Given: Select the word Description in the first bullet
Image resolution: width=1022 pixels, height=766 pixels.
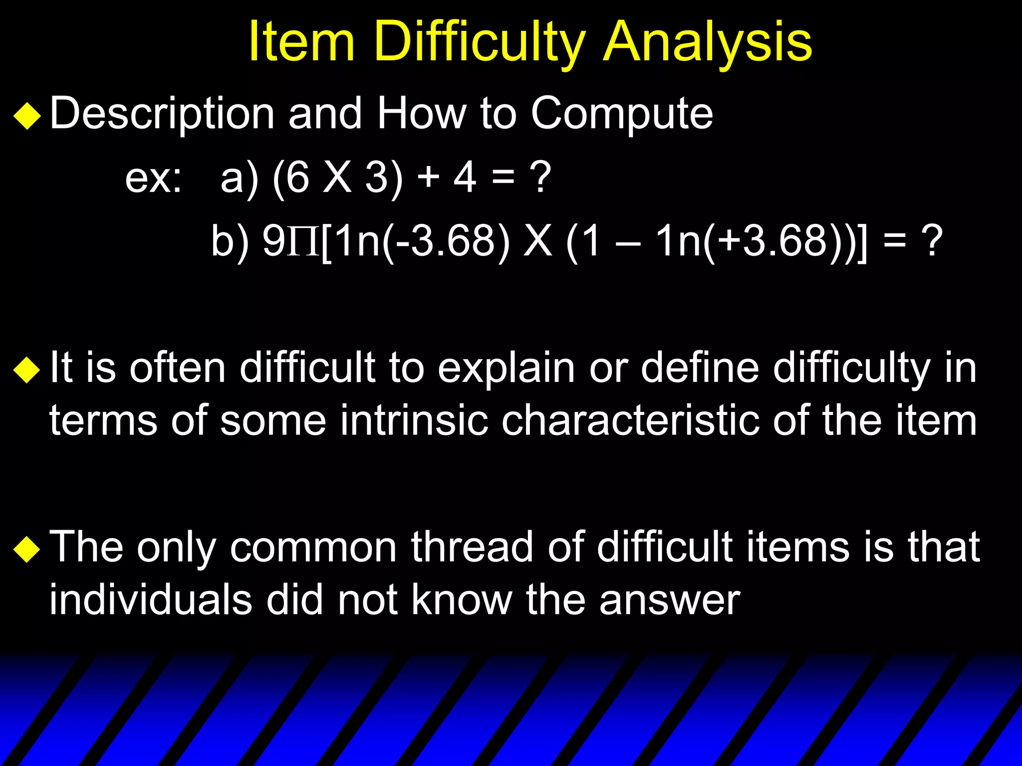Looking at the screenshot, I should pos(162,114).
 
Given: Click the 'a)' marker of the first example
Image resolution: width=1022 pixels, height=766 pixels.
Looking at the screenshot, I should pos(240,178).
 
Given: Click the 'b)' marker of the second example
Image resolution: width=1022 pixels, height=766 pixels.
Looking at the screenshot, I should pos(230,241).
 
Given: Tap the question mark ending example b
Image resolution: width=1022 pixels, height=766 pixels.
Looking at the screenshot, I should pos(931,241).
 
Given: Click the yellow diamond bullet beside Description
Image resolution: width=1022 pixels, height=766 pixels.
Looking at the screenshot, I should pos(27,116).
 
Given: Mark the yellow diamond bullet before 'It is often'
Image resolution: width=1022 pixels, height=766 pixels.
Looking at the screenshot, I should pos(27,370).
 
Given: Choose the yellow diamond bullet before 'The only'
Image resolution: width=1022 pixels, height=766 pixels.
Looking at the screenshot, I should pos(27,549).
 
